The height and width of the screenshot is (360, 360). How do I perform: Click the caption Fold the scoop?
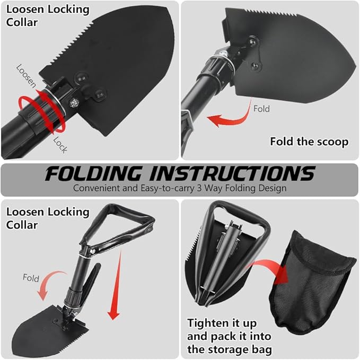[x=309, y=142]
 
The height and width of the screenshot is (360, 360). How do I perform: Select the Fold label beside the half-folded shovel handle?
[x=31, y=278]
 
